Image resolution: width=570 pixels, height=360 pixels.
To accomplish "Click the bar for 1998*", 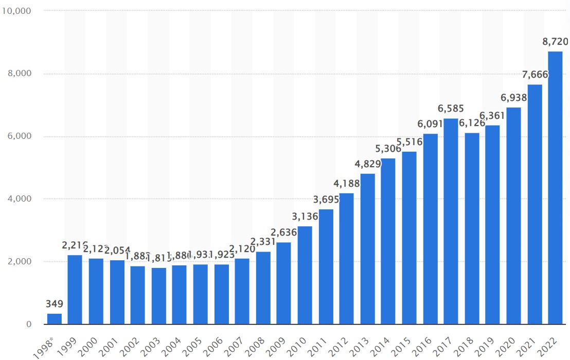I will coord(55,319).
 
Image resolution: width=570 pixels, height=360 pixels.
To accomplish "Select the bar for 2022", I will coord(556,188).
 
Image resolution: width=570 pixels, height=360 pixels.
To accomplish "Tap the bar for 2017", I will coord(451,221).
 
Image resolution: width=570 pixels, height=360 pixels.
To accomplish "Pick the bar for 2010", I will coord(305,275).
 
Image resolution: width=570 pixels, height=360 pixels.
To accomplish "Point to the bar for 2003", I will coord(159,296).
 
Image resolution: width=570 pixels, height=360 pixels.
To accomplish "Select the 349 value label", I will coord(54,303).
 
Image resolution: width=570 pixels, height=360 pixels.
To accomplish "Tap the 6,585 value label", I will coord(451,109).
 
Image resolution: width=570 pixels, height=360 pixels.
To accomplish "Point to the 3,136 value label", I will coord(305,217).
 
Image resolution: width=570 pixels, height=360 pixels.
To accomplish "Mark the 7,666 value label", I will coord(535,75).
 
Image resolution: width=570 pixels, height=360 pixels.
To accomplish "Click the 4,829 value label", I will coord(368,164).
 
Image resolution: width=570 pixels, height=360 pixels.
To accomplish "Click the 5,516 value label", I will coord(409,142).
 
